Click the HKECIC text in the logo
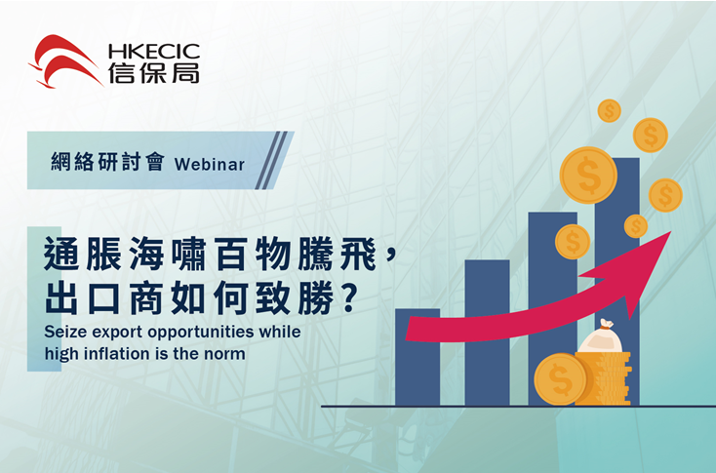coord(154,52)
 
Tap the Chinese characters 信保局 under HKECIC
coord(154,73)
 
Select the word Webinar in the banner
coord(210,165)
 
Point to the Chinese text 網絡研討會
coord(107,163)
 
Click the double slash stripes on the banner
coord(271,160)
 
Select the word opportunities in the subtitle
coord(201,333)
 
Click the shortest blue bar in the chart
coord(418,357)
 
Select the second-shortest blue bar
coord(487,333)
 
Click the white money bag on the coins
coord(601,336)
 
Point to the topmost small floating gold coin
coord(609,110)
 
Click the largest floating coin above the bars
coord(588,176)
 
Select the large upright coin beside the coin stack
coord(560,379)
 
